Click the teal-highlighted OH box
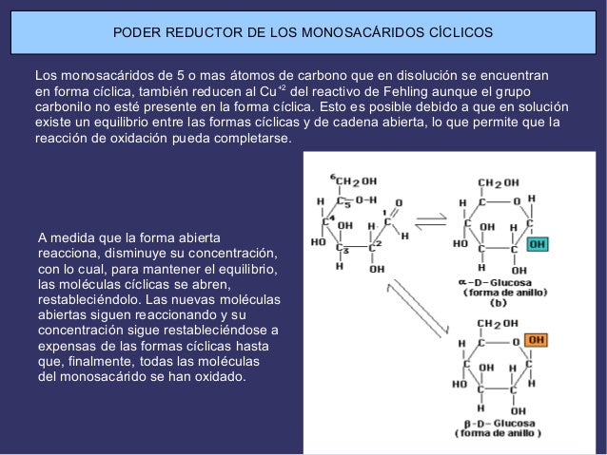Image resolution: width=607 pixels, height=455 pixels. point(538,242)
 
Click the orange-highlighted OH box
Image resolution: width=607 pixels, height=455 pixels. point(538,338)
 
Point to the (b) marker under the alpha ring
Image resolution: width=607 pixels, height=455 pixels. point(497,303)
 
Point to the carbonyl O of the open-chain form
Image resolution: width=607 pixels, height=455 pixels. point(398,202)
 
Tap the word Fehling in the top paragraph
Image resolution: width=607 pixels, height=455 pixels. point(424,91)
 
